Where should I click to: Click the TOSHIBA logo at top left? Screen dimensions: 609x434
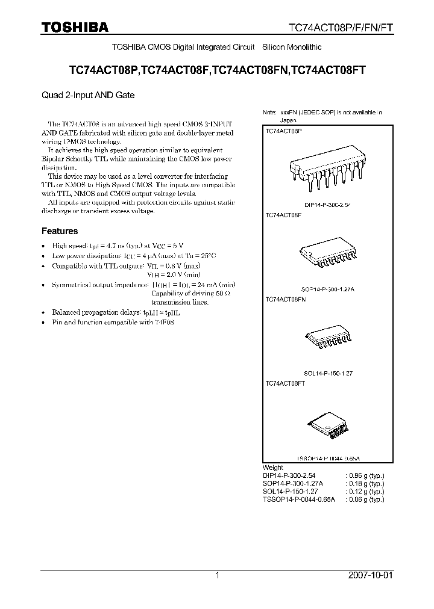coord(75,27)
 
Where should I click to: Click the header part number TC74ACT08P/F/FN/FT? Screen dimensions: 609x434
coord(340,28)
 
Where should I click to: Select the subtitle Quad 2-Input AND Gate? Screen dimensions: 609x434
coord(88,95)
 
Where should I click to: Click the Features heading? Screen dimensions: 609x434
coord(60,231)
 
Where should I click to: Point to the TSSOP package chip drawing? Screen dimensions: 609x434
coord(327,427)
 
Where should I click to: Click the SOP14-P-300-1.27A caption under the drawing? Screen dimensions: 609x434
coord(327,289)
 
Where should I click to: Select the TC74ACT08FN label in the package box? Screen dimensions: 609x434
coord(286,298)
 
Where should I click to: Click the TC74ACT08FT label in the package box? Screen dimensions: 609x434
coord(285,383)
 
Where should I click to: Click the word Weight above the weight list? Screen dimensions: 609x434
coord(273,468)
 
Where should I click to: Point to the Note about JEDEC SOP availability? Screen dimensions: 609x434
coord(322,116)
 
